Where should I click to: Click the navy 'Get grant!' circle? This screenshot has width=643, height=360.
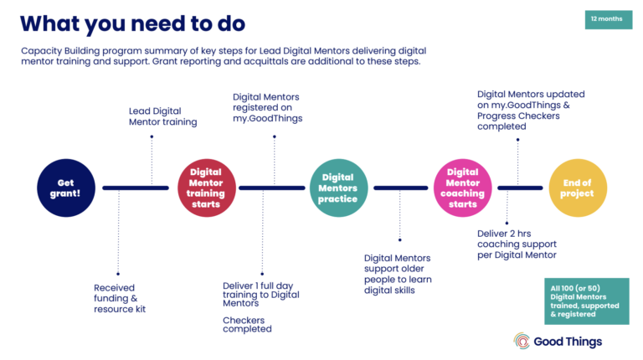(66, 188)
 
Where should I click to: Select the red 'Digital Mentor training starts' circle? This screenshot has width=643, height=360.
(206, 188)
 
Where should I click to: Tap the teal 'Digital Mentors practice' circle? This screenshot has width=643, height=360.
(338, 188)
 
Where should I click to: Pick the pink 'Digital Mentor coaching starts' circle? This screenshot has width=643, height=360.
(462, 188)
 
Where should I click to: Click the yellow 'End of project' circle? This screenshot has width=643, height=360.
(578, 188)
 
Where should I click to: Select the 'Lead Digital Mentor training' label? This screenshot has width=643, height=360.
(162, 116)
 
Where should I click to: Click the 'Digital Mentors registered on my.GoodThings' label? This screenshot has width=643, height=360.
(267, 108)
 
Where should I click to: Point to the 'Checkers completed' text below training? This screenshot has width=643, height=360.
(247, 324)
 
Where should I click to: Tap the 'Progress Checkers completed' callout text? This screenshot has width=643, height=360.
(519, 111)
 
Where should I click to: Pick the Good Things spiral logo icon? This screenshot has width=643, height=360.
(522, 342)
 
